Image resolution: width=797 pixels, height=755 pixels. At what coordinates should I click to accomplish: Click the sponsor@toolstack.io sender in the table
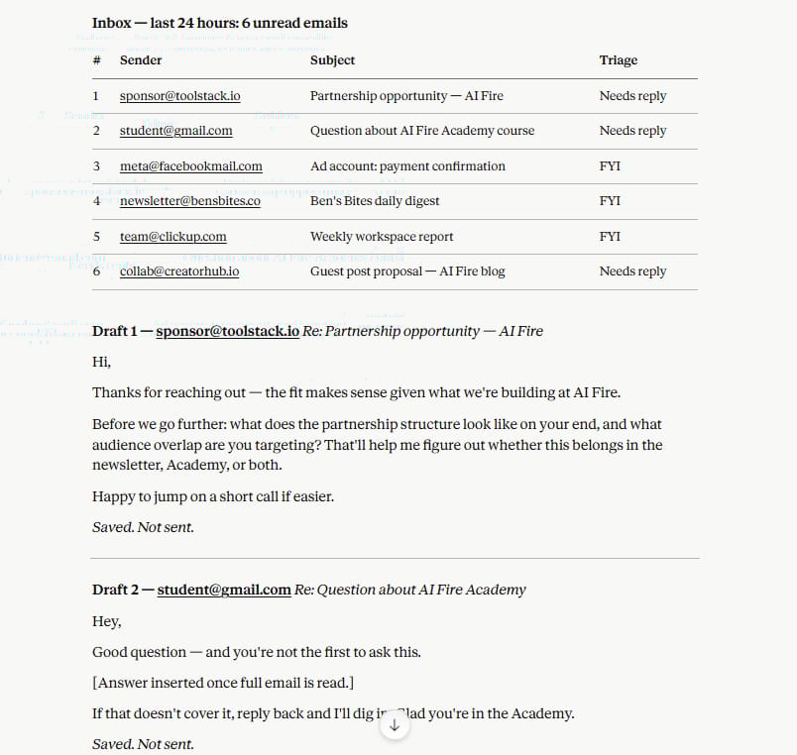[179, 96]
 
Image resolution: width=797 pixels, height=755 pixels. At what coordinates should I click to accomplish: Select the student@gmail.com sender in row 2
[175, 131]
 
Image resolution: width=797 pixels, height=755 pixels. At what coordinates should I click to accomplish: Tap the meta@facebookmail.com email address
[190, 166]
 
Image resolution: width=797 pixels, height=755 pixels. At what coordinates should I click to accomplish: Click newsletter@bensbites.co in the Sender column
[189, 201]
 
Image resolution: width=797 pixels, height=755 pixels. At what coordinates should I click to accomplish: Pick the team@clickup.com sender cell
[172, 237]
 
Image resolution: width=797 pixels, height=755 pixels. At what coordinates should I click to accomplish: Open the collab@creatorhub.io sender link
[178, 271]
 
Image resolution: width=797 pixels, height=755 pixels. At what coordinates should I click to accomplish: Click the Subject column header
[332, 60]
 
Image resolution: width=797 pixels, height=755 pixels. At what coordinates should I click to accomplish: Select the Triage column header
[618, 60]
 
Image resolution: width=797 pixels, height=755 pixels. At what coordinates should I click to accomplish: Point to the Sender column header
[140, 60]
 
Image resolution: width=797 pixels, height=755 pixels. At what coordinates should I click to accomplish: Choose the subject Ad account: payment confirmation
[406, 166]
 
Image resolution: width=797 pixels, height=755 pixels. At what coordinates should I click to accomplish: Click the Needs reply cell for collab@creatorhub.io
[631, 271]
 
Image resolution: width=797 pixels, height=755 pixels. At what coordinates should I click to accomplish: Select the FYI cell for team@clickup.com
[610, 237]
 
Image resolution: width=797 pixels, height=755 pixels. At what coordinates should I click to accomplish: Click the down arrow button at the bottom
[395, 725]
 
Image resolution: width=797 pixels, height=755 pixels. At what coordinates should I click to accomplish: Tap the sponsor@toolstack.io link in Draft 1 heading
[227, 331]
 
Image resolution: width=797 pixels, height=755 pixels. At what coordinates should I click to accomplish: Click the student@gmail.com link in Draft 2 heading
[223, 590]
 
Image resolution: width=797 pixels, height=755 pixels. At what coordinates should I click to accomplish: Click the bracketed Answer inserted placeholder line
[223, 683]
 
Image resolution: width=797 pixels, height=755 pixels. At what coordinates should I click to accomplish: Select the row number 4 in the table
[96, 201]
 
